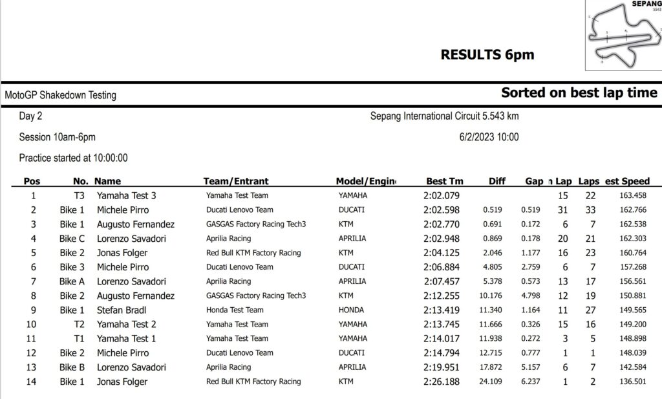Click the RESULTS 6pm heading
(487, 55)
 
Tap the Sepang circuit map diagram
(622, 36)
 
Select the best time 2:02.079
(442, 195)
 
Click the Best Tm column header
(445, 181)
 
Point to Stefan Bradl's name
(123, 310)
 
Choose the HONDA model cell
(352, 310)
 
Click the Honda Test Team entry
(235, 310)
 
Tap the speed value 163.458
(632, 195)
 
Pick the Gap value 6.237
(531, 382)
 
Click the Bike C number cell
(72, 238)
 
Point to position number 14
(32, 382)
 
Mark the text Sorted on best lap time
(579, 92)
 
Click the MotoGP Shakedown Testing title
(61, 95)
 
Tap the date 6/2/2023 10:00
(489, 137)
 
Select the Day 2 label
(30, 116)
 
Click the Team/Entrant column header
(236, 181)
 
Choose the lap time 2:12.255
(442, 296)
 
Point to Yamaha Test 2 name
(126, 324)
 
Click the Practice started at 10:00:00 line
(73, 158)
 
